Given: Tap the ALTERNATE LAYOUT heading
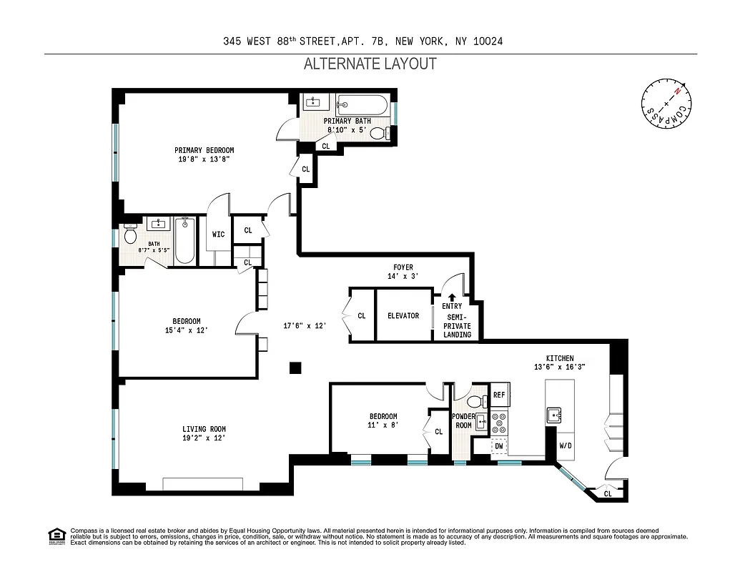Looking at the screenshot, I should [x=370, y=64].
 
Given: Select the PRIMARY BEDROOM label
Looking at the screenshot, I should [x=204, y=150].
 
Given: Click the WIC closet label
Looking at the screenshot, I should [x=219, y=234].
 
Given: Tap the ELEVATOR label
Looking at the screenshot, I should [x=403, y=315].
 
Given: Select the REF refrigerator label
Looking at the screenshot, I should [x=499, y=395].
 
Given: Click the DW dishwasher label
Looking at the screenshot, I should [x=499, y=446].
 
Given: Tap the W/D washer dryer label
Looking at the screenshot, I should [x=565, y=446].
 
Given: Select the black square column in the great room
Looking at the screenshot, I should [x=295, y=368].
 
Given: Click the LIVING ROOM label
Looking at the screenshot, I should [x=204, y=430].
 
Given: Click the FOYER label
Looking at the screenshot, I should [x=403, y=267].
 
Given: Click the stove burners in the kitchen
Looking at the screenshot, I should [x=499, y=423].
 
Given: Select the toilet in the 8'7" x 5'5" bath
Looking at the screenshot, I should [x=131, y=234].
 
